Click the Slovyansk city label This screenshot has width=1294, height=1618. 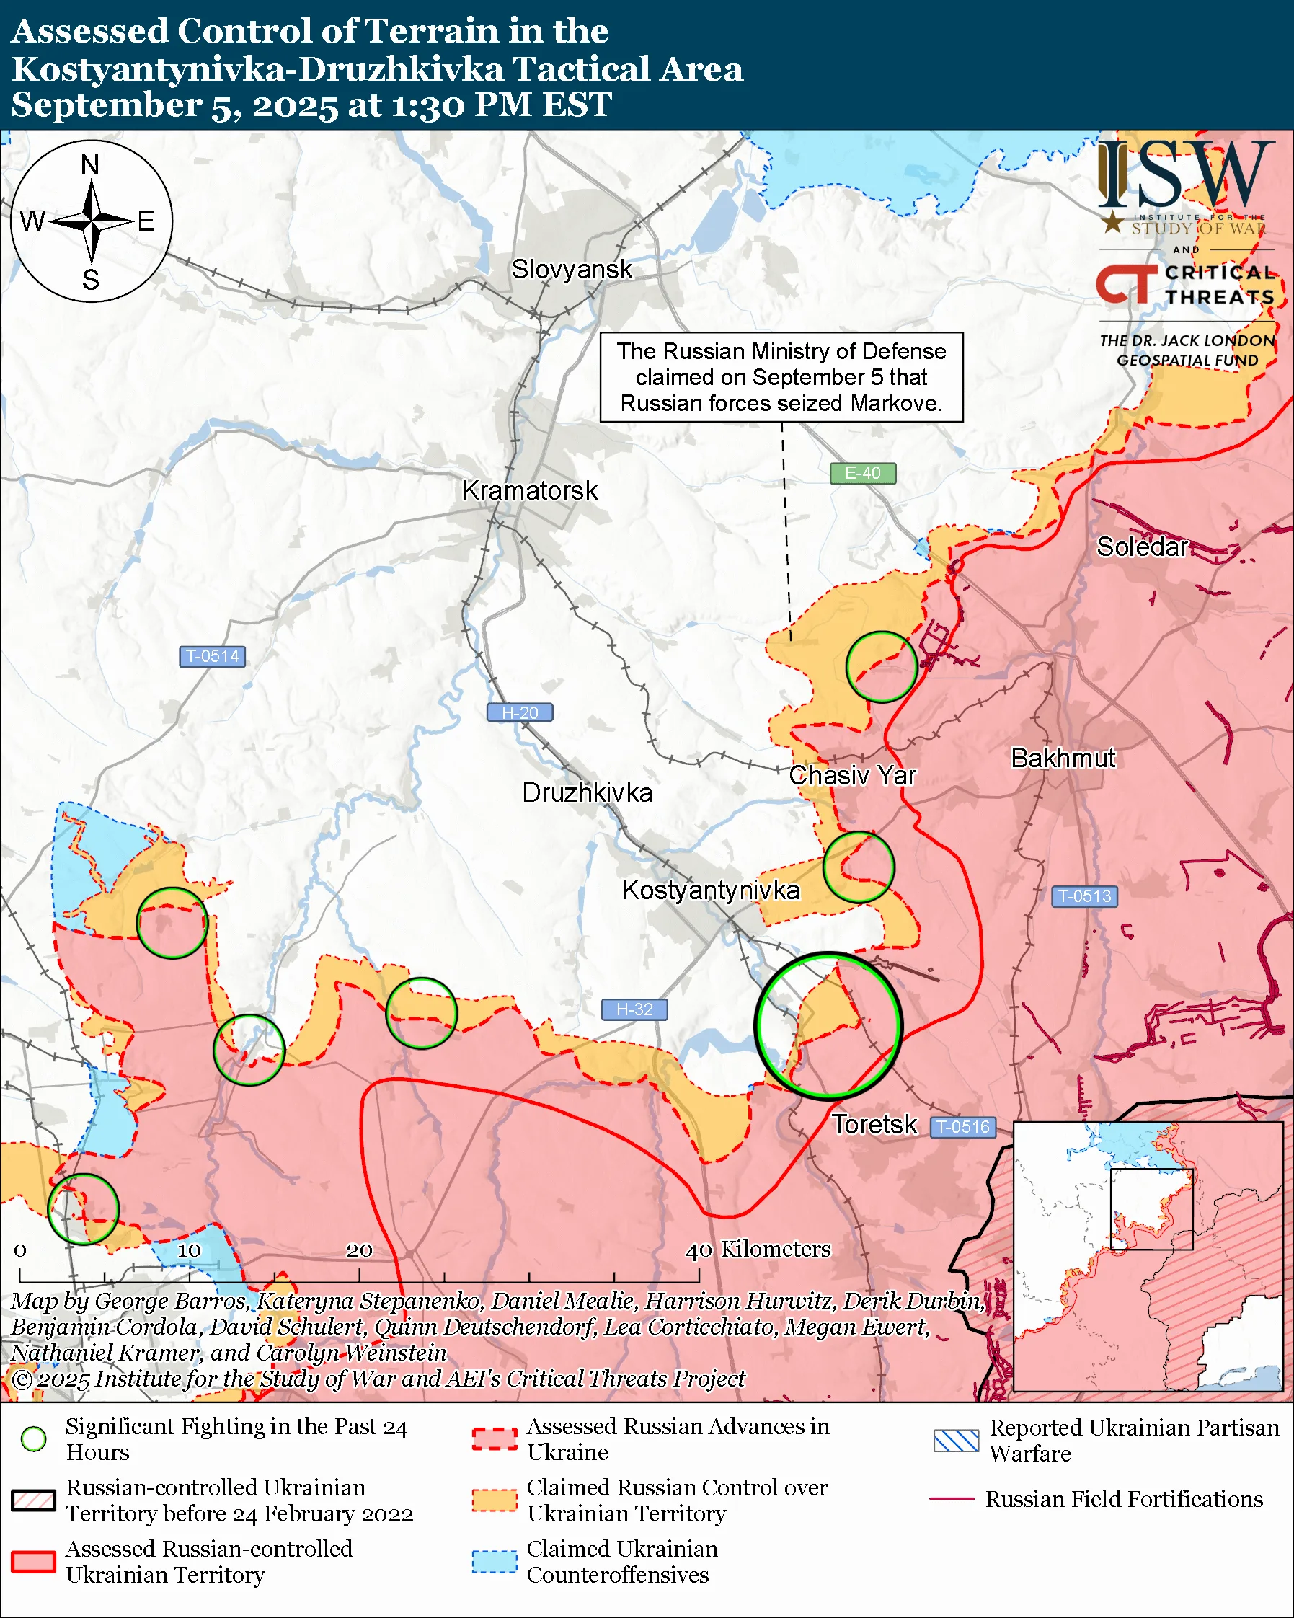(572, 270)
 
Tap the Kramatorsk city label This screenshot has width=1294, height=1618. (530, 491)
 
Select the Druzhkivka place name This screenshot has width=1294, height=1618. (588, 793)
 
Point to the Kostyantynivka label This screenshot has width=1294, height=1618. (710, 890)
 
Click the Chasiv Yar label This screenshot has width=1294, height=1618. (852, 775)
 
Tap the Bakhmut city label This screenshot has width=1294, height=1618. (1063, 758)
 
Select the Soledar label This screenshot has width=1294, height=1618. (1142, 547)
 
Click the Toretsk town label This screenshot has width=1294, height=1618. (874, 1124)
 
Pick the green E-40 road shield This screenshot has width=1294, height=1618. (863, 474)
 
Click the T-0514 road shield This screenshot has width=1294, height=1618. (212, 656)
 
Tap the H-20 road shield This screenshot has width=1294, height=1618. (520, 712)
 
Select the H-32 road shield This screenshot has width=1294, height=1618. (634, 1009)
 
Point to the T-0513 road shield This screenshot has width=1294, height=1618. (1085, 896)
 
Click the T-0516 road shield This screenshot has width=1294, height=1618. (964, 1126)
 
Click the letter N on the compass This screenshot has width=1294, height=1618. (90, 164)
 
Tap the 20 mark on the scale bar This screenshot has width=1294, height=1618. (358, 1250)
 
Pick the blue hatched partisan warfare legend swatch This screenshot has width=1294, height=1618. (956, 1440)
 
